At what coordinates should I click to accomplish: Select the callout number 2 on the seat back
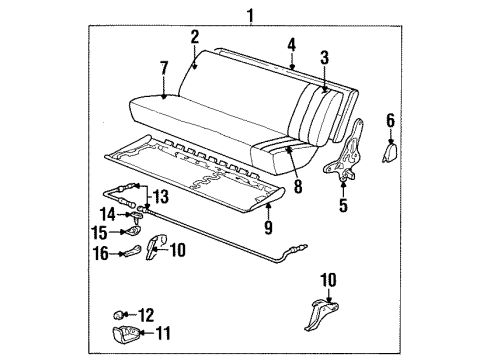pos(195,38)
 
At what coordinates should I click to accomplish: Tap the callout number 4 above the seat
pos(292,45)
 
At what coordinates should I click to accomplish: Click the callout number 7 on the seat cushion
pos(163,68)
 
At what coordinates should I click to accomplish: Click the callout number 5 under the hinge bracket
pos(342,208)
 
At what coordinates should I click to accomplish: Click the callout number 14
pos(108,213)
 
